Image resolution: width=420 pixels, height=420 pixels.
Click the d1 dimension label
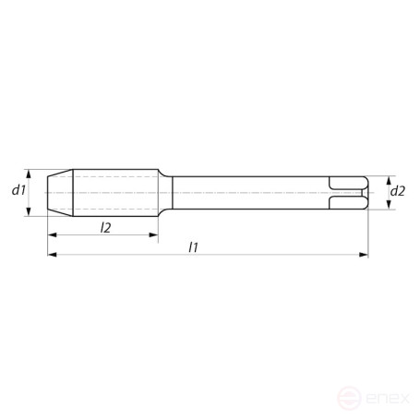pos(18,191)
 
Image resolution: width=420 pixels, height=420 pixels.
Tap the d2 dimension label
pos(398,191)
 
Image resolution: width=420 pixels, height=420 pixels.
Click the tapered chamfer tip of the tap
pos(59,192)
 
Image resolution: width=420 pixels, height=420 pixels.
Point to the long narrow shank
pos(249,192)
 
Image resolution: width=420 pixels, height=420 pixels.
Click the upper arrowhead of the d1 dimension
pos(31,173)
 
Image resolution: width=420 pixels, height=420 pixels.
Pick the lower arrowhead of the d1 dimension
pos(31,211)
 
